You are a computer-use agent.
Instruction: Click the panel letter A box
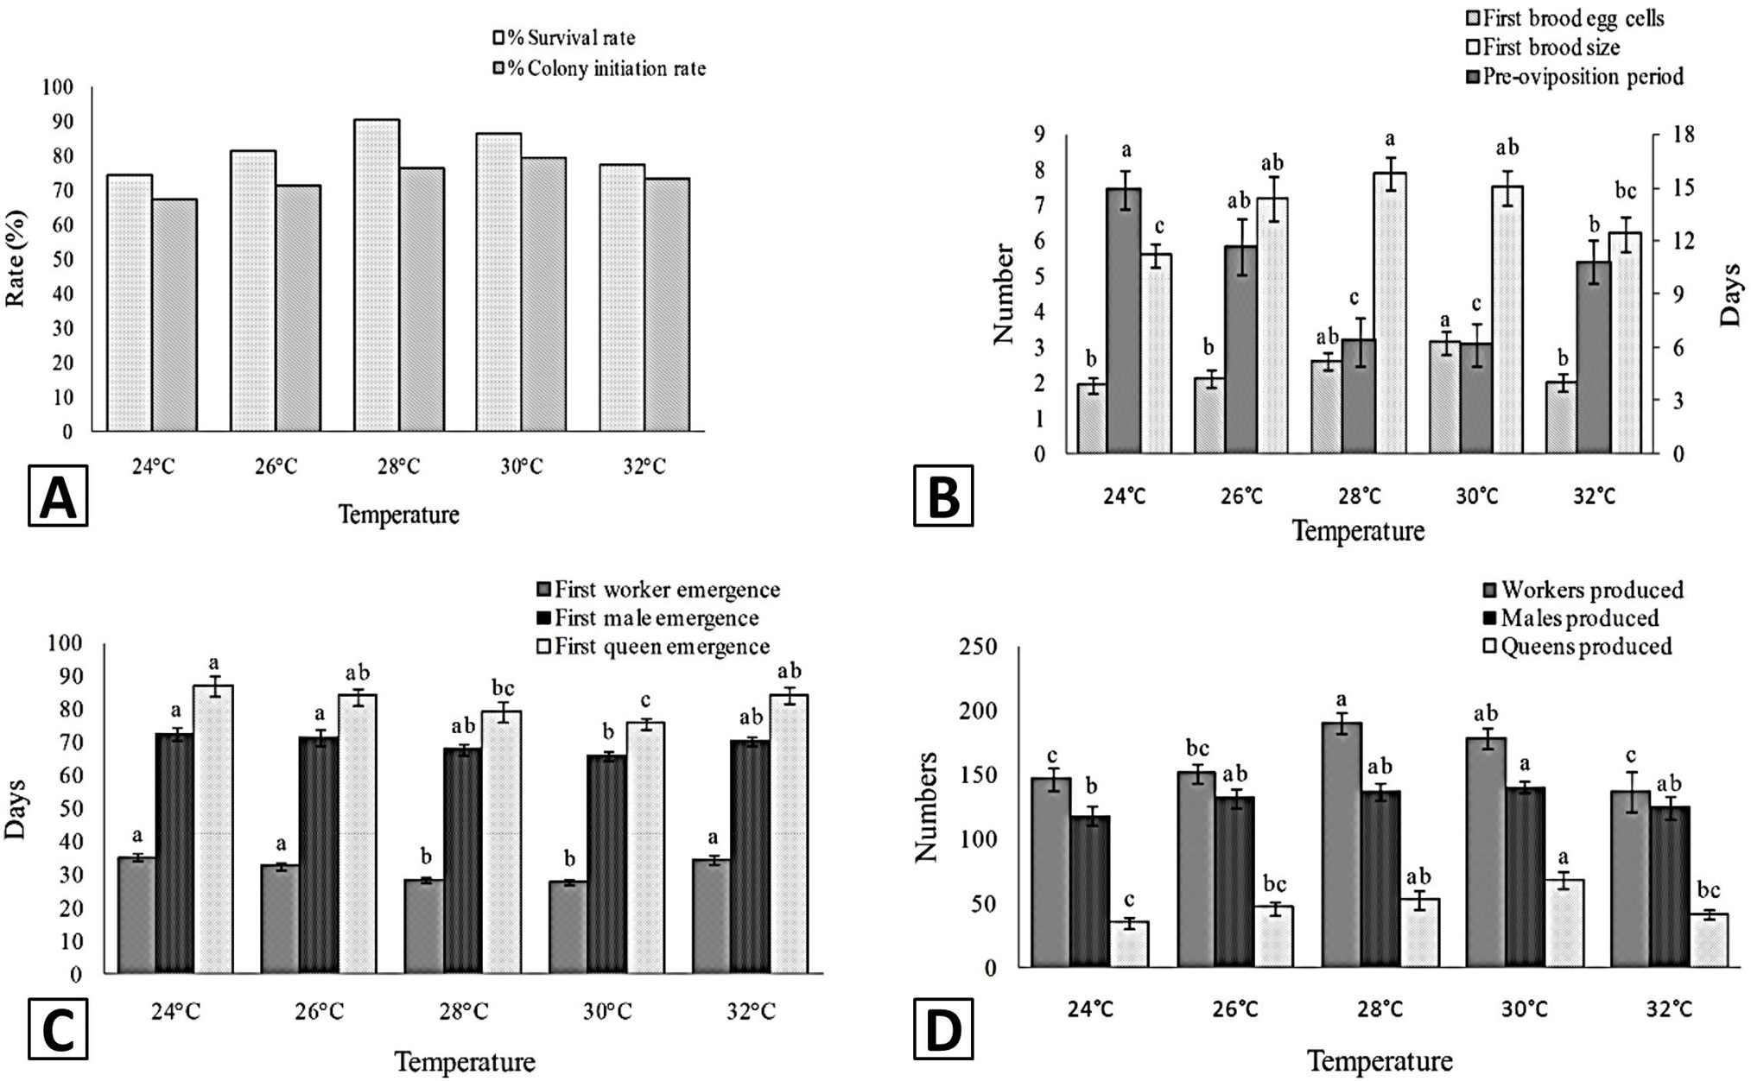tap(58, 496)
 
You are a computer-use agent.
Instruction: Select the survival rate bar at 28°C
tap(377, 275)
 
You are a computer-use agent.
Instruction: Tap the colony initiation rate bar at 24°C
tap(174, 315)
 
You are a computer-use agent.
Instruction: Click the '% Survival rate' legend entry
tap(563, 38)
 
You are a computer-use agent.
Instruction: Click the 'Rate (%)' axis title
tap(16, 258)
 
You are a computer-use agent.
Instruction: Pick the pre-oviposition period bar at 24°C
tap(1125, 321)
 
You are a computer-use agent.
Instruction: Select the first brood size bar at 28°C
tap(1391, 313)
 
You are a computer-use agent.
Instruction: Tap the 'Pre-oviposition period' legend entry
tap(1576, 77)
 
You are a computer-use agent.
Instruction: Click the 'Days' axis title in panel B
tap(1730, 295)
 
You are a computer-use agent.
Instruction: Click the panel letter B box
tap(943, 496)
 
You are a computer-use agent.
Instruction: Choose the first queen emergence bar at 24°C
tap(213, 830)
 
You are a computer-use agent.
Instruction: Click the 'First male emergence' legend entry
tap(648, 618)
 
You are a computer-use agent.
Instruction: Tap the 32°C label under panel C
tap(750, 1010)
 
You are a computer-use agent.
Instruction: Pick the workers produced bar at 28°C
tap(1342, 845)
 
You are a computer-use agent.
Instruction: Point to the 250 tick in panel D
tap(979, 648)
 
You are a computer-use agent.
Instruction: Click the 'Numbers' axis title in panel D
tap(926, 807)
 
